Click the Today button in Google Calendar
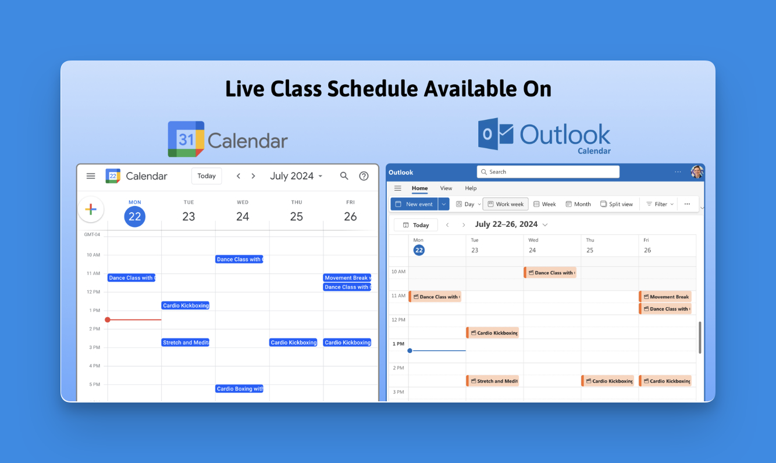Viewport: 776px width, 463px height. pos(207,176)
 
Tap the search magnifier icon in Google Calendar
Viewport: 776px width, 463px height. pos(344,176)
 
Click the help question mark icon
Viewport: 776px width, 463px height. pos(364,176)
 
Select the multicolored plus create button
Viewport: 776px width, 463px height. pos(91,209)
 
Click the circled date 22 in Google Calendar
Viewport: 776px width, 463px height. pos(135,216)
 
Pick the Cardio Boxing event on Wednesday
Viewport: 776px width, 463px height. pos(239,389)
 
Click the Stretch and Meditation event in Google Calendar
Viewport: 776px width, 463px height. pos(186,343)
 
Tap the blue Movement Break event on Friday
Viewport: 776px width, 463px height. pos(347,278)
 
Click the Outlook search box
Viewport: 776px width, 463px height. pos(548,172)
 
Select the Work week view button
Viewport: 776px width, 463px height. pos(506,204)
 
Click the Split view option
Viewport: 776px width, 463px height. pos(617,204)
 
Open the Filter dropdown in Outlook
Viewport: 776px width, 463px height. pos(660,204)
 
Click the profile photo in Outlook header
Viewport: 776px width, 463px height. pos(697,172)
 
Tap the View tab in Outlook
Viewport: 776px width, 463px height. pos(446,188)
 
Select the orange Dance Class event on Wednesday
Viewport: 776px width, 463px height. pos(550,273)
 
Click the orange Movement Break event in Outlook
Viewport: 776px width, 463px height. pos(665,297)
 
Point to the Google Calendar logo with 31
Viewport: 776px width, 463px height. pos(186,139)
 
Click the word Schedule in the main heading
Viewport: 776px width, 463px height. pos(372,89)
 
